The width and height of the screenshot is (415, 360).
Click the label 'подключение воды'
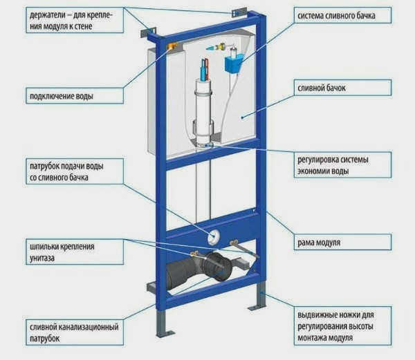coord(62,96)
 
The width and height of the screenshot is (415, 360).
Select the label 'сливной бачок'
coord(322,88)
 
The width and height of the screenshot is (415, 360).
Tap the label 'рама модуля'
coord(319,243)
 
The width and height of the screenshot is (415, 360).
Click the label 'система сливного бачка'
coord(336,16)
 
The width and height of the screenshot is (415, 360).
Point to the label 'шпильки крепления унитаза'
coord(62,252)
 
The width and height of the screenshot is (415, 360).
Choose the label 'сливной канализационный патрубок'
coord(74,332)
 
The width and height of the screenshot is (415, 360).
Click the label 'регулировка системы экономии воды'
coord(333,165)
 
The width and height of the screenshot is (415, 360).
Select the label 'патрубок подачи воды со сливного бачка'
coord(66,172)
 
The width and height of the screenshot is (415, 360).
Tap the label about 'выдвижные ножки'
coord(336,326)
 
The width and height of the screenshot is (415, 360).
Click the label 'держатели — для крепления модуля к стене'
coord(71,21)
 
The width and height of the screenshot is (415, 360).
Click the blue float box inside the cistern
coord(234,63)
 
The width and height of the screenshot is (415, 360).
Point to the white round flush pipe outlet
coord(213,236)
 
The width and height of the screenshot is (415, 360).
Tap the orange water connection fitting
coord(172,46)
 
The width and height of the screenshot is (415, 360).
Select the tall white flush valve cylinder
coord(203,111)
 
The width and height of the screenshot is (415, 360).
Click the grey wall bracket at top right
coord(239,12)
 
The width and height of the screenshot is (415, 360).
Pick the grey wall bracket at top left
coord(148,32)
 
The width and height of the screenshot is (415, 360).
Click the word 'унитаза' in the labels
coord(42,258)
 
